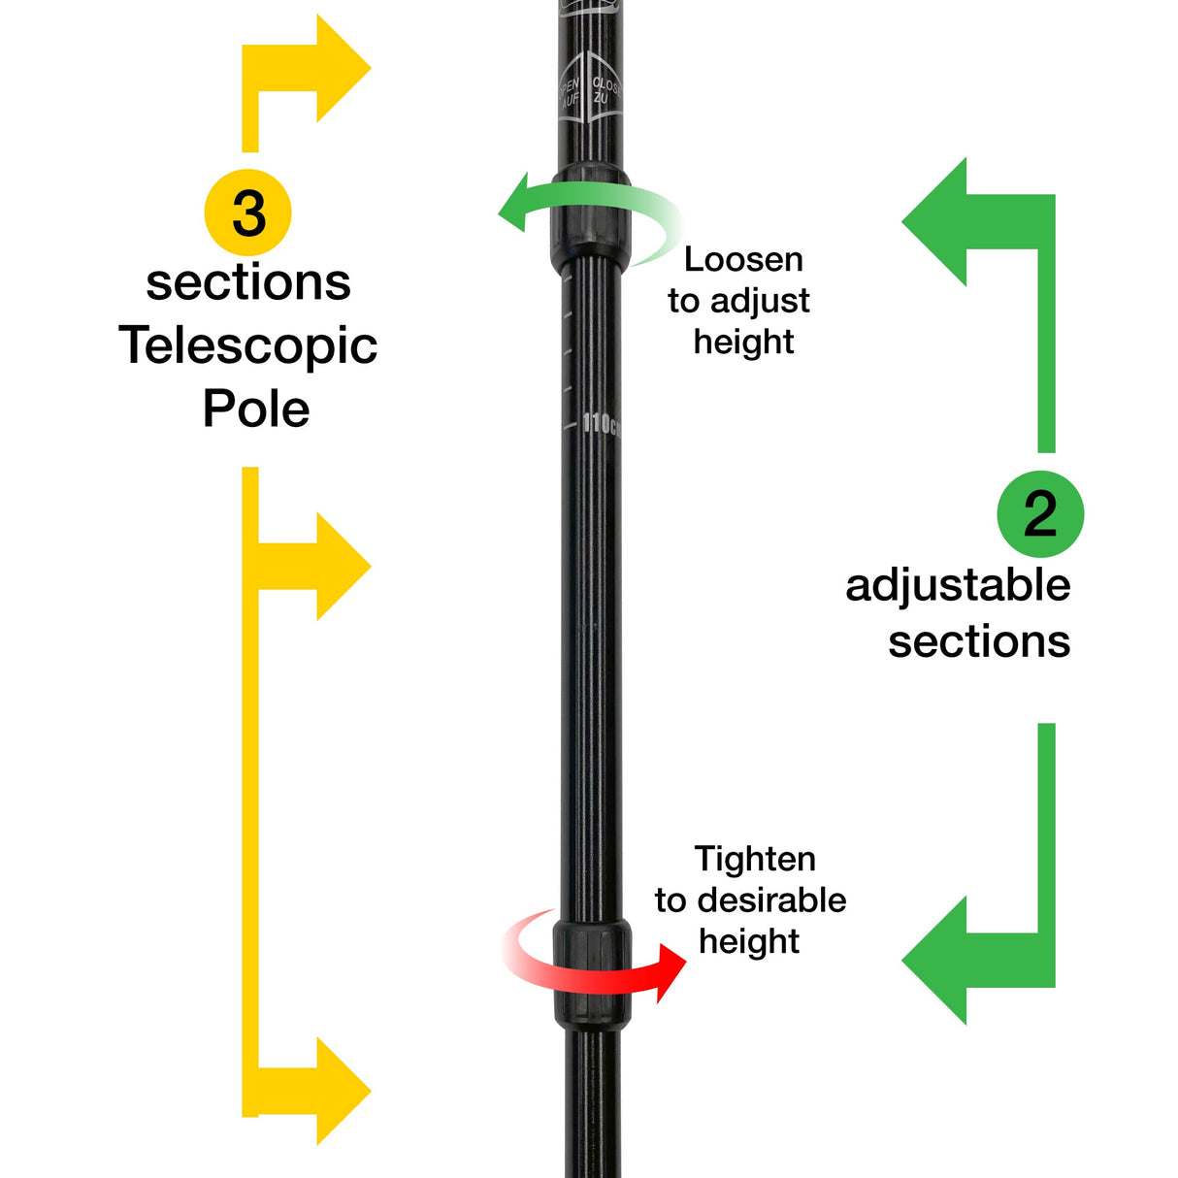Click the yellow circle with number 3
pyautogui.click(x=248, y=213)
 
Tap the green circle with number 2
pyautogui.click(x=1040, y=514)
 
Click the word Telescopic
pyautogui.click(x=247, y=346)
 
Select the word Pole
pyautogui.click(x=256, y=409)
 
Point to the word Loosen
pyautogui.click(x=743, y=259)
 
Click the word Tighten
pyautogui.click(x=755, y=859)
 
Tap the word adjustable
pyautogui.click(x=958, y=585)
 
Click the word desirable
pyautogui.click(x=771, y=900)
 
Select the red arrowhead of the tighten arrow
pyautogui.click(x=670, y=971)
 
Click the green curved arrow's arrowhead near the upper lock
pyautogui.click(x=513, y=204)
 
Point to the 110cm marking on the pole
pyautogui.click(x=600, y=424)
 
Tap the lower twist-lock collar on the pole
pyautogui.click(x=592, y=970)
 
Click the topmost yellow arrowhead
pyautogui.click(x=341, y=68)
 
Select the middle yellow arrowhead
pyautogui.click(x=341, y=566)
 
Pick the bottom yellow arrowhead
pyautogui.click(x=341, y=1091)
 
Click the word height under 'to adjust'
pyautogui.click(x=743, y=342)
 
